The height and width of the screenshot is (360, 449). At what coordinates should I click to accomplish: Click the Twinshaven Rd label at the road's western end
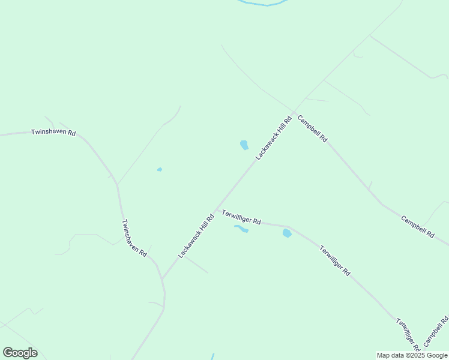(x=53, y=133)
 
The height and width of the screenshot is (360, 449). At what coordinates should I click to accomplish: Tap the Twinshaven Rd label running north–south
(x=134, y=238)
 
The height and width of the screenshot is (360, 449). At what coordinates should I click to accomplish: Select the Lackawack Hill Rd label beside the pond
(x=273, y=137)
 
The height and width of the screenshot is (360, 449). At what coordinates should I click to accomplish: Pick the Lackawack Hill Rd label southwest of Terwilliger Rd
(x=196, y=236)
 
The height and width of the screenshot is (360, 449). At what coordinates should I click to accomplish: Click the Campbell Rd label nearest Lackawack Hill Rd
(x=312, y=128)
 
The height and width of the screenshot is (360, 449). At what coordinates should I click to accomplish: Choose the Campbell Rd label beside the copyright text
(x=436, y=332)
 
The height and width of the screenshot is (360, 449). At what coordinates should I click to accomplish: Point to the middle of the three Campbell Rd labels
(x=417, y=227)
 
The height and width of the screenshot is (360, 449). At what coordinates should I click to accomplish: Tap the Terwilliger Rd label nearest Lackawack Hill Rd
(x=241, y=217)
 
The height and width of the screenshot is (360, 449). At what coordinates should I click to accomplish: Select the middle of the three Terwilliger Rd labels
(x=335, y=260)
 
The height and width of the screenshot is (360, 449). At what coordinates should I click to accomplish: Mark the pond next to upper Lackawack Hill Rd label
(x=244, y=145)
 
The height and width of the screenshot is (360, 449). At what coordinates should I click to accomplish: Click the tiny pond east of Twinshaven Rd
(x=159, y=169)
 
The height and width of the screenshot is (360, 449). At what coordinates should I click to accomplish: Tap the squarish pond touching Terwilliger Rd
(x=287, y=233)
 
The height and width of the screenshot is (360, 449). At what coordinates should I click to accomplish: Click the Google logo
(x=20, y=353)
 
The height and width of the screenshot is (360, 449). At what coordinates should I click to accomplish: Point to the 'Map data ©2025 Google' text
(x=412, y=355)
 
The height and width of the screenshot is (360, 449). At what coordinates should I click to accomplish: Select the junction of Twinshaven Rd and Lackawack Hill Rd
(x=162, y=279)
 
